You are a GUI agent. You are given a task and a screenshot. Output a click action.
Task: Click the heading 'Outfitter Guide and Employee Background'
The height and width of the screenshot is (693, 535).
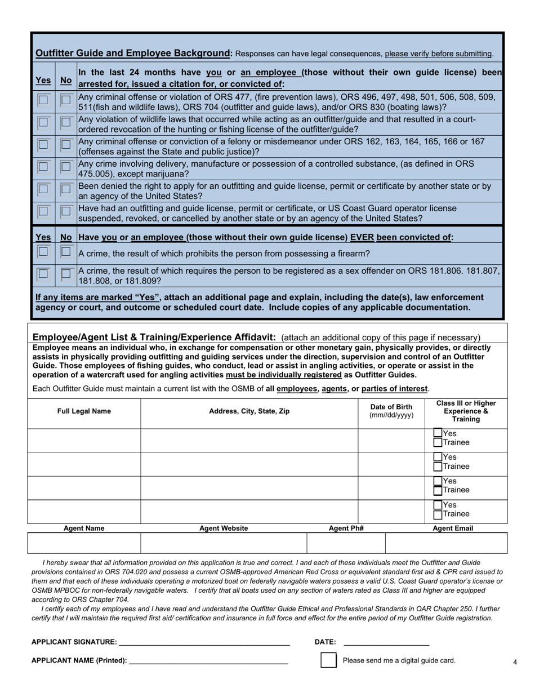[133, 54]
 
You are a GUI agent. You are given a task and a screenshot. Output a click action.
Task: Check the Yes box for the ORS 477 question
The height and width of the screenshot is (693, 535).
[43, 100]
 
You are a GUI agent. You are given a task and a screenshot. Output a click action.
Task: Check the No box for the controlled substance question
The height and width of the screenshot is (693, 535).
[66, 167]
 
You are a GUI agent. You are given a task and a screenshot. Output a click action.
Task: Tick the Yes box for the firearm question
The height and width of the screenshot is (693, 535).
[43, 252]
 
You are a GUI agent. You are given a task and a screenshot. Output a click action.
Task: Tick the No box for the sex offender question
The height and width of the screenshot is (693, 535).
[66, 274]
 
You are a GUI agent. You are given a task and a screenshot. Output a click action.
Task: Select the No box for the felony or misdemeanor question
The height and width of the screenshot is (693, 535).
[66, 145]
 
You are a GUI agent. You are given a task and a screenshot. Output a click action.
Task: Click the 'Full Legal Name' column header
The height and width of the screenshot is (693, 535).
[84, 411]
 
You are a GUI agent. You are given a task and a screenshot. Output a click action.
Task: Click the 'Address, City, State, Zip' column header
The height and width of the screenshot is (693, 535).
[249, 411]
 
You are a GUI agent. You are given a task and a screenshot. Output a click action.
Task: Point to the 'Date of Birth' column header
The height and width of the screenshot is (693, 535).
[391, 411]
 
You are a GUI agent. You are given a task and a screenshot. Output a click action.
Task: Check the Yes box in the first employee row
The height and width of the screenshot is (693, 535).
[438, 433]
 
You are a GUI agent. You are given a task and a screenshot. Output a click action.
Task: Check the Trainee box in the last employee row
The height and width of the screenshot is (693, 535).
[438, 514]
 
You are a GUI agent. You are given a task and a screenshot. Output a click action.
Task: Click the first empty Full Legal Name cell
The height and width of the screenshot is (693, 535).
[84, 440]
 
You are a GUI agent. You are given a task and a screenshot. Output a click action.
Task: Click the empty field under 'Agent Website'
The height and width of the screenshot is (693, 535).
[224, 543]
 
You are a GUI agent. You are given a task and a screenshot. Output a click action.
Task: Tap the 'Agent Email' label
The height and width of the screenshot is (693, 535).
[452, 528]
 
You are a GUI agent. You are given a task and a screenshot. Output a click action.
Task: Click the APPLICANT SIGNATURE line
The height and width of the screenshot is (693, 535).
[204, 641]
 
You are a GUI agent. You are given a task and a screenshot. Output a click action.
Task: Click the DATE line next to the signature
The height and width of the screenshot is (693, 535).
[386, 641]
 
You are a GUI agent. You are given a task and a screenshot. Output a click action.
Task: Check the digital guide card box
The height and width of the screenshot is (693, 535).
[328, 660]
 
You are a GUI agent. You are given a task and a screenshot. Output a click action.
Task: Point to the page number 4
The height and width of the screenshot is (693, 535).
[515, 662]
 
